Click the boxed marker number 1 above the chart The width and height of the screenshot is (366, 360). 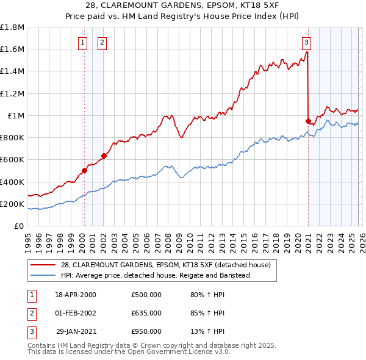coord(82,42)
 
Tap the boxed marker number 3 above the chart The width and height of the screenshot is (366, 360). coord(306,42)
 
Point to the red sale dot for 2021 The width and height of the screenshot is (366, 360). coord(308,121)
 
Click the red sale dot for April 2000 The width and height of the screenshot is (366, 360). coord(84,170)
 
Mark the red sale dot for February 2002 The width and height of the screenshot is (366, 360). coord(104,156)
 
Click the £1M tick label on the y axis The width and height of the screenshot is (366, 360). coord(15,115)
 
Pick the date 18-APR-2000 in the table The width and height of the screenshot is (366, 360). coord(76,295)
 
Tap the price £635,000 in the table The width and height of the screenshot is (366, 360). coord(146,313)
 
